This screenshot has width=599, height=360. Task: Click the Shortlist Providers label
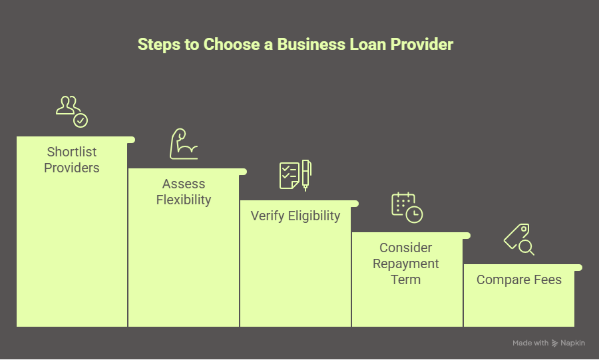pos(72,160)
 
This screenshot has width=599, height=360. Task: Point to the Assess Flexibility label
pos(184,192)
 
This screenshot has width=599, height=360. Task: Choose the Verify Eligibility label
pos(296,216)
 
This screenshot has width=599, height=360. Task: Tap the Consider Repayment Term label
pos(406,264)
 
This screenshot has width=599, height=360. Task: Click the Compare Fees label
pos(519,279)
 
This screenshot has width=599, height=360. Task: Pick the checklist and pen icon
pos(295,174)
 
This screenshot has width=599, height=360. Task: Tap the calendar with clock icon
pos(407,206)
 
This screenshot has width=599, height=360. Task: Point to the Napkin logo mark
pos(556,343)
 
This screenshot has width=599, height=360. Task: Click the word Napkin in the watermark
pos(573,343)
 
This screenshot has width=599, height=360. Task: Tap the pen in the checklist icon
pos(306,174)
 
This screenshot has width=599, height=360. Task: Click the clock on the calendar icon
pos(415,214)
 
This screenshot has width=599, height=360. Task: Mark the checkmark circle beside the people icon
pos(81,120)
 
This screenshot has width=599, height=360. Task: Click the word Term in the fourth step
pos(406,279)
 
